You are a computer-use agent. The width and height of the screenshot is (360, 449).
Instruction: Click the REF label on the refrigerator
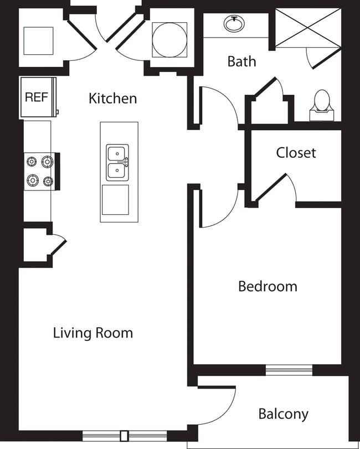37,97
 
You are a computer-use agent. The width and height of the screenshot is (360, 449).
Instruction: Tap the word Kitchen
112,99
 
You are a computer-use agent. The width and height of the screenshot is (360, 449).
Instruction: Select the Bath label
241,61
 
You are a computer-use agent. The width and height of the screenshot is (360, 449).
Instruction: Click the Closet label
296,152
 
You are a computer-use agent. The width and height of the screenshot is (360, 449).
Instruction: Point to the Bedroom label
268,286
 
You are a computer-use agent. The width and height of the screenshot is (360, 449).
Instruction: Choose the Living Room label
93,333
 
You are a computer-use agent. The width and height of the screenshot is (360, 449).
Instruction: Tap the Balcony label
283,414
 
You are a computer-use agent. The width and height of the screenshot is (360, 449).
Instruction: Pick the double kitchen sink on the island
117,162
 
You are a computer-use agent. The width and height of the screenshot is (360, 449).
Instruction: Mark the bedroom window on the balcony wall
289,370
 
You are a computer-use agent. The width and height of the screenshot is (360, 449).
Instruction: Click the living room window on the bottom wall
124,435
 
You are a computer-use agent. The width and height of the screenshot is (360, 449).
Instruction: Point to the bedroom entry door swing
219,208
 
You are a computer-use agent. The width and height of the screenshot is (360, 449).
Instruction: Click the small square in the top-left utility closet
38,40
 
